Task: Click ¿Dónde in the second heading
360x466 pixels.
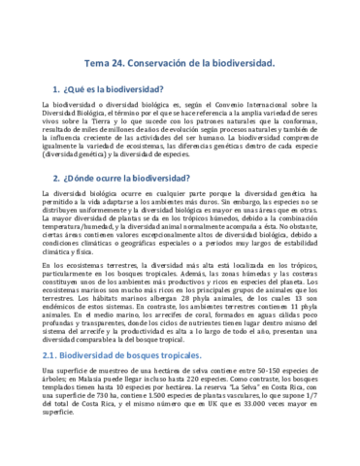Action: tap(92, 178)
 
